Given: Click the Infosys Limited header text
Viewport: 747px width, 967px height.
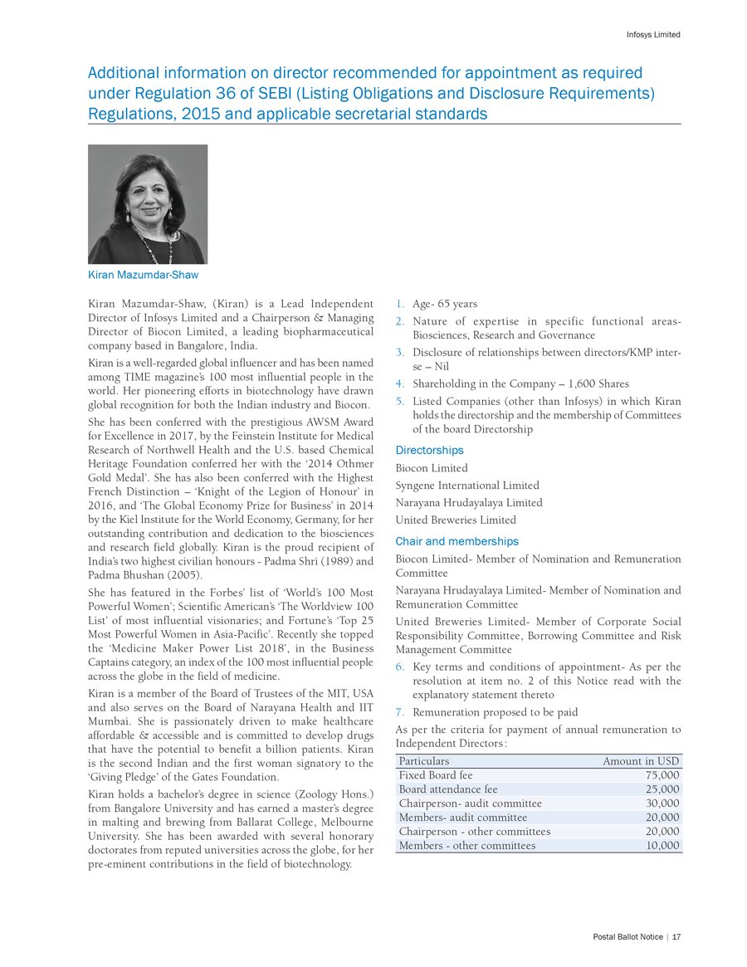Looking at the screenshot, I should tap(652, 35).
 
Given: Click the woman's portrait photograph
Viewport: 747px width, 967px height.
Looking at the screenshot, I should tap(148, 204).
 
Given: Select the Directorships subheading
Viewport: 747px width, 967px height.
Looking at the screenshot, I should tap(429, 450).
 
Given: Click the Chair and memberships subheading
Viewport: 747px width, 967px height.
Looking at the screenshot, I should tap(456, 541).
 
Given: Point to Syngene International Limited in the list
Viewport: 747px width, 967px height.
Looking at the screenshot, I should tap(467, 486).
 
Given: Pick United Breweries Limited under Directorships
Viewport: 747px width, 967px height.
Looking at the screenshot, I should tap(456, 520).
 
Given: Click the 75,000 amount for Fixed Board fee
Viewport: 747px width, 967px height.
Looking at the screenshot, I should tap(662, 775).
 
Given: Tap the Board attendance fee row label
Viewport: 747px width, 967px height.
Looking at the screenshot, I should tap(448, 789).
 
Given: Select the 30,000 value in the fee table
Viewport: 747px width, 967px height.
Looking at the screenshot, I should tap(662, 803).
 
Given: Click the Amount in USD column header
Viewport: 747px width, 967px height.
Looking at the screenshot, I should tap(641, 761).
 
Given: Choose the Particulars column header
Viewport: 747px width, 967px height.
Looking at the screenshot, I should tap(424, 761).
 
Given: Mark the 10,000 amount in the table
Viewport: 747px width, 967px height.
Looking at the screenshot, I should tap(662, 846).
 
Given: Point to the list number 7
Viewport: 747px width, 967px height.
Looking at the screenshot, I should tap(399, 712).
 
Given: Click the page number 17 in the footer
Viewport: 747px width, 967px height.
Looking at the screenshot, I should tap(676, 937).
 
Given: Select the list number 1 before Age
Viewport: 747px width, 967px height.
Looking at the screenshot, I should tap(399, 304).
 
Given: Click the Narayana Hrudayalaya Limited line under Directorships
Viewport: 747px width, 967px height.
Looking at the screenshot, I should tap(469, 503).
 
